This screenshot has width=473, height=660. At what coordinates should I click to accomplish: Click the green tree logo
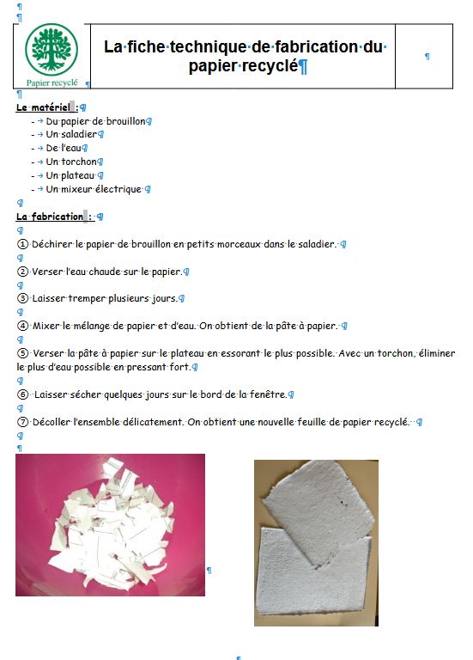point(52,50)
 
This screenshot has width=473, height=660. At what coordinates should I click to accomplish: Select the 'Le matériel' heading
point(43,107)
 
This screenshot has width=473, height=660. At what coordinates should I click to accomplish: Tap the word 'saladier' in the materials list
point(79,134)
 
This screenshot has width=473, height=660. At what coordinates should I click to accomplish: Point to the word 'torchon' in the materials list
point(79,162)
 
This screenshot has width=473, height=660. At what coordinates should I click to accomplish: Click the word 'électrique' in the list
point(118,189)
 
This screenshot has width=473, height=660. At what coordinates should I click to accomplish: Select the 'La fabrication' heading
point(50,217)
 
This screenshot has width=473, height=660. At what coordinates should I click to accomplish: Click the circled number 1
point(22,244)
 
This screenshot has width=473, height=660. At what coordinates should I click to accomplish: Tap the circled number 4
point(22,326)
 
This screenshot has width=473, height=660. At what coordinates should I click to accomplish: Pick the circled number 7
point(22,422)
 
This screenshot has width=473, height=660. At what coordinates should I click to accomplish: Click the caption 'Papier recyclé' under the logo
point(52,82)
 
